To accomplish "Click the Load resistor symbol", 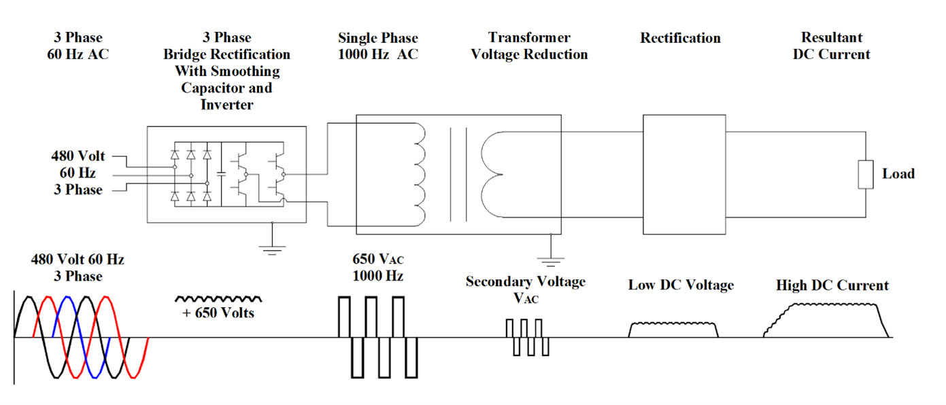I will [865, 174].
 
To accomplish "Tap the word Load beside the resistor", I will [898, 174].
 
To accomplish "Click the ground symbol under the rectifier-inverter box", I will [273, 247].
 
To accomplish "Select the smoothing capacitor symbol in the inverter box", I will [220, 174].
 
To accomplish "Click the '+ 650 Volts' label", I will [218, 313].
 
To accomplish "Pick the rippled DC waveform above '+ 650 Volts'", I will [218, 298].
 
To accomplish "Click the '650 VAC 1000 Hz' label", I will [377, 268].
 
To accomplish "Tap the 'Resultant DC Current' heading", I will [831, 46].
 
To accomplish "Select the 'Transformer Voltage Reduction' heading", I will [528, 46].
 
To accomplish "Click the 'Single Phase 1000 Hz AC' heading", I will [377, 46].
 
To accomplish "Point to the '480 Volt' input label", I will [78, 157].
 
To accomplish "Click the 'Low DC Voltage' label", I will [681, 285].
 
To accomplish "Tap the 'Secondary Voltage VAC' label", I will [525, 289].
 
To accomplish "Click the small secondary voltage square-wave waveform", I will [528, 337].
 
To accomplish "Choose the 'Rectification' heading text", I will [680, 38].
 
